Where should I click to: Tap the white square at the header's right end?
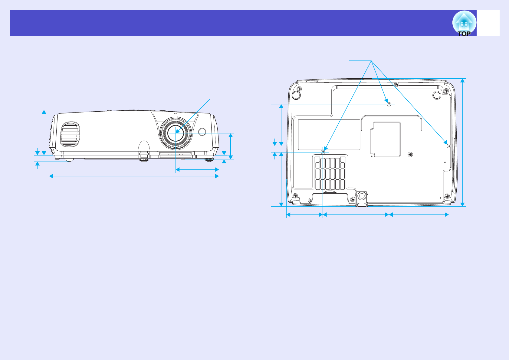[488, 23]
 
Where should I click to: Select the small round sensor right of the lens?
[202, 132]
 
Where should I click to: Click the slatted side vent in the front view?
[70, 134]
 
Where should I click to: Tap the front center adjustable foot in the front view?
[144, 155]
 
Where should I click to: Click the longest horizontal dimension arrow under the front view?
[134, 176]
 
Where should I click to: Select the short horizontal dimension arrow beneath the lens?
[197, 169]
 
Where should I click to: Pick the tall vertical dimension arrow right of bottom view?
[462, 142]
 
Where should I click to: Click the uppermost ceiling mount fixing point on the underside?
[389, 104]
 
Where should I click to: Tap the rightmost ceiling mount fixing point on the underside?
[449, 146]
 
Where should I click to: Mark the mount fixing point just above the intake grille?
[323, 152]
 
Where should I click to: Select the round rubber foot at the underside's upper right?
[436, 95]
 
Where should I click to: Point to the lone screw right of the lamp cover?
[410, 155]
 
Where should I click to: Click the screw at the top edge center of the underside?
[397, 84]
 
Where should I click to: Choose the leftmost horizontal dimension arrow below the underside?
[304, 214]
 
